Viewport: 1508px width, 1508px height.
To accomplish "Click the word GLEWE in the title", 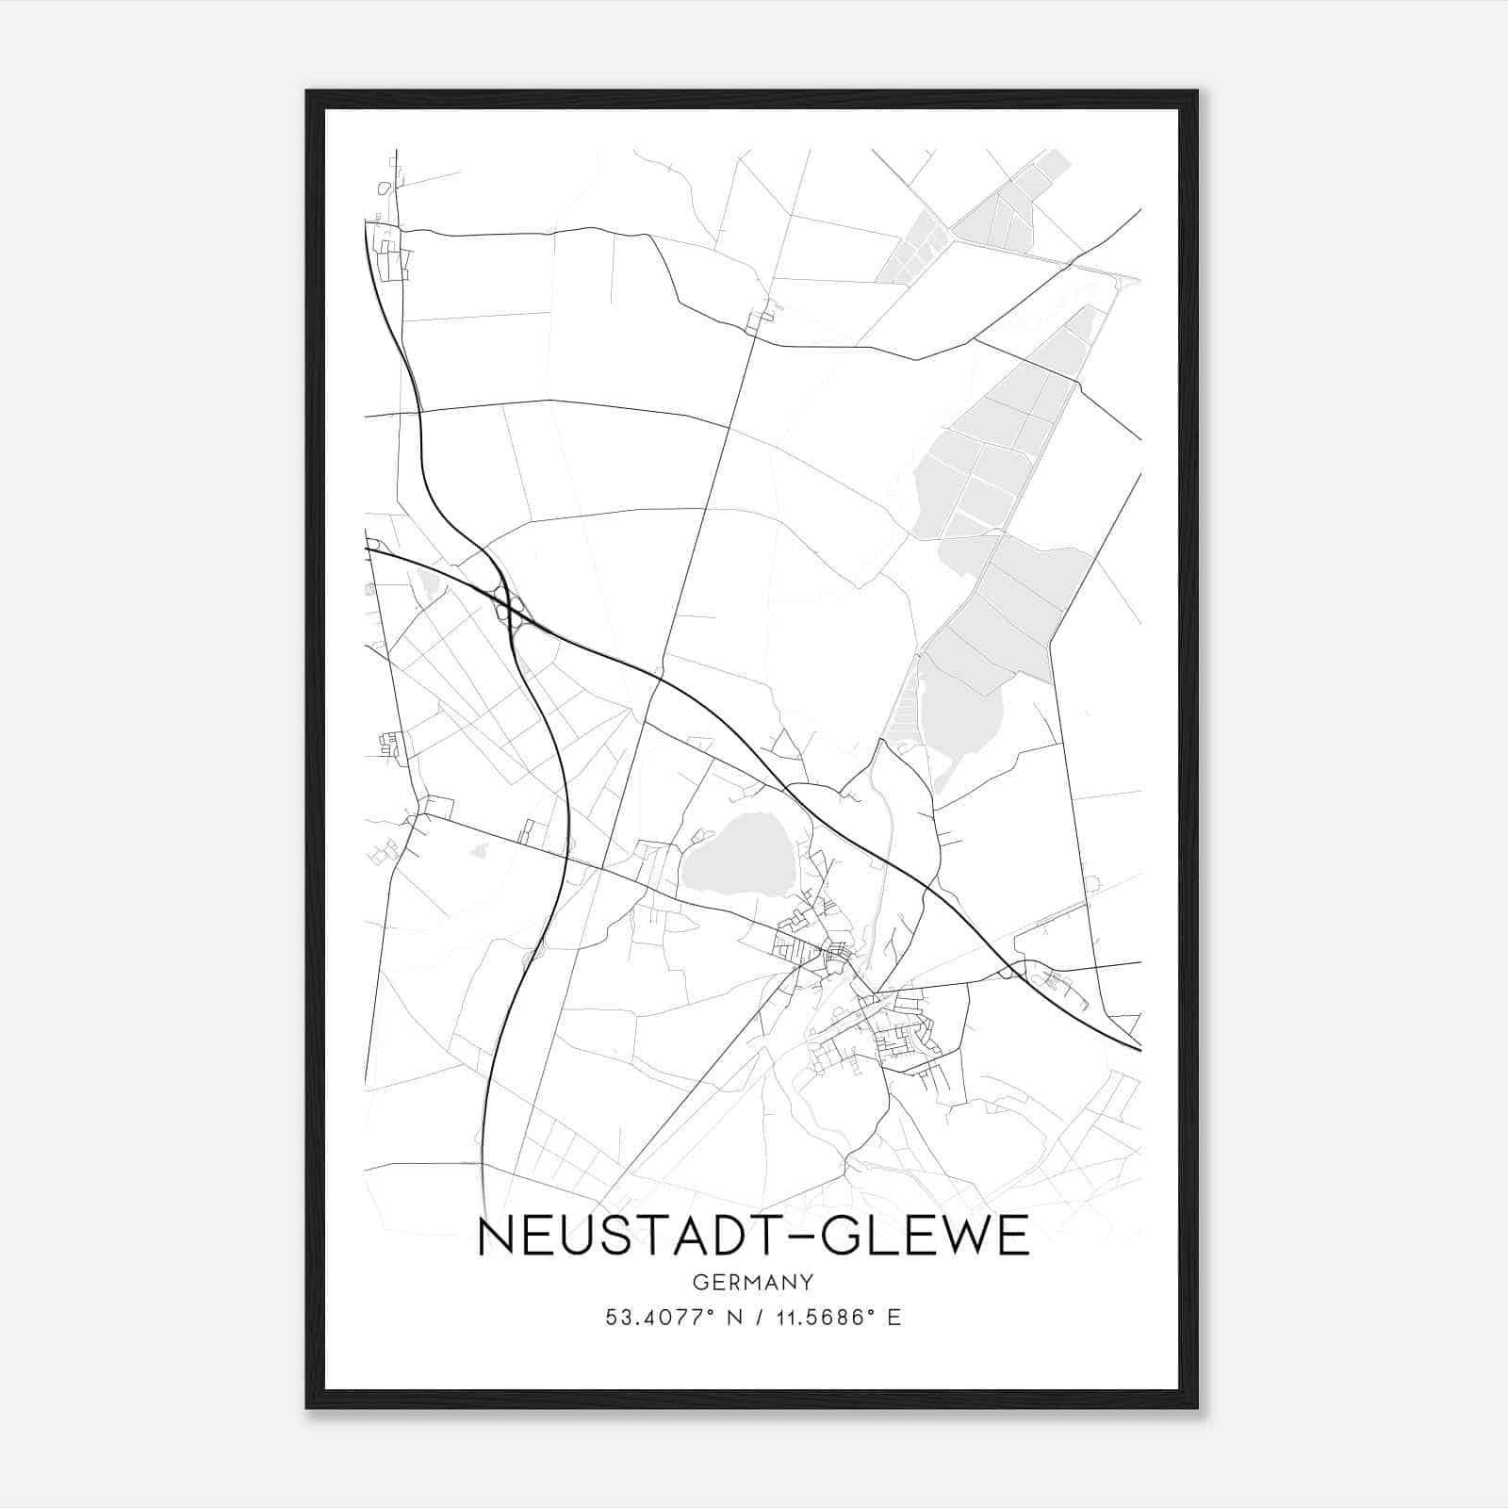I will coord(926,1238).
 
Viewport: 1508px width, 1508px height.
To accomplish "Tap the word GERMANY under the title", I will coord(752,1282).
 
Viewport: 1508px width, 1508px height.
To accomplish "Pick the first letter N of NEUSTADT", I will coord(496,1238).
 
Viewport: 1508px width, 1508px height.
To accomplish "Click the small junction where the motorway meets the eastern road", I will coord(1011,971).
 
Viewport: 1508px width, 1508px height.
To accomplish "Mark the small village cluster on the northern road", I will coord(760,318).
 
